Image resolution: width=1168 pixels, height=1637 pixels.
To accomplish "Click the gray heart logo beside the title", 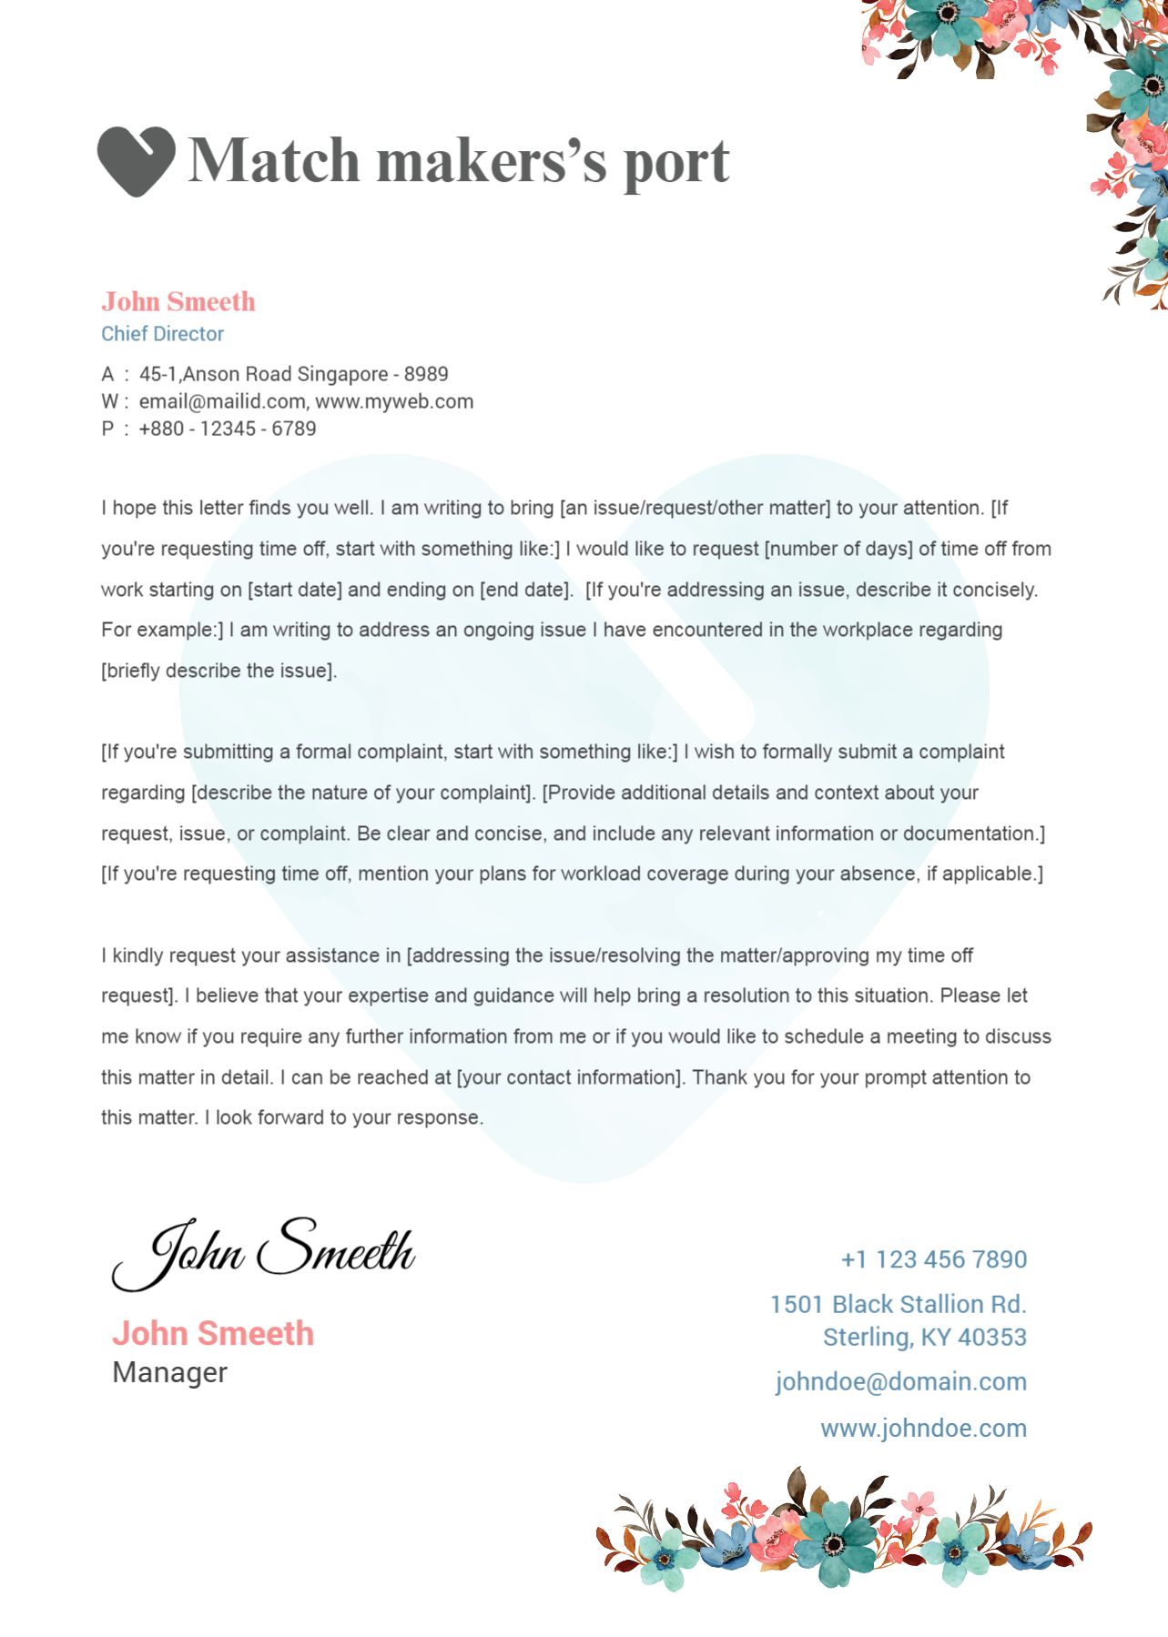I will click(x=136, y=160).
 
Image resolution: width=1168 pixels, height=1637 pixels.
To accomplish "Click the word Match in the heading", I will click(x=273, y=161).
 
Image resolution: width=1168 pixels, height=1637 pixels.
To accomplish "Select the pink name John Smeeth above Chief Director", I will click(x=178, y=302).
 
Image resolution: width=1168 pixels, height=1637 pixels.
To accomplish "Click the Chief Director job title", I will click(x=162, y=334).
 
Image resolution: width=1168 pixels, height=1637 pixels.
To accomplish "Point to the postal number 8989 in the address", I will click(x=426, y=374).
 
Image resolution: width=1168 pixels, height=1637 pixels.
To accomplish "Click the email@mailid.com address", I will click(x=221, y=401).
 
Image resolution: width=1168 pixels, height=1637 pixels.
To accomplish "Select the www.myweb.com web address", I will click(x=394, y=401).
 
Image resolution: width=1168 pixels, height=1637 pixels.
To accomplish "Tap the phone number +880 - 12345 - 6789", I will click(x=227, y=429).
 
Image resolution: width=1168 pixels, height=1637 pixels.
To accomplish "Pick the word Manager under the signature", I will click(x=169, y=1372).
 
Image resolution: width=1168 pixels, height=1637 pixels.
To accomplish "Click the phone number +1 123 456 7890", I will click(x=933, y=1259).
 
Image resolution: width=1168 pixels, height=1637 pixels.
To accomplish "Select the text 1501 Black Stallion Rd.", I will click(x=898, y=1304).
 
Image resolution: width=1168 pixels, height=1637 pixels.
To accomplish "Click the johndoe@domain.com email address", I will click(x=900, y=1381).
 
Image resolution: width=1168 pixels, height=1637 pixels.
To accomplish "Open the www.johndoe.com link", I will click(x=923, y=1428).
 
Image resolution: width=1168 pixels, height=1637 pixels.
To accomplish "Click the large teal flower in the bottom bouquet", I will click(x=834, y=1541).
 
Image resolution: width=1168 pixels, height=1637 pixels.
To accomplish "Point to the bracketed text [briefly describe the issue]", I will click(x=218, y=671).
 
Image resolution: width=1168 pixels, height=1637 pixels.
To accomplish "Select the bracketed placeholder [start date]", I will click(x=294, y=590).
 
